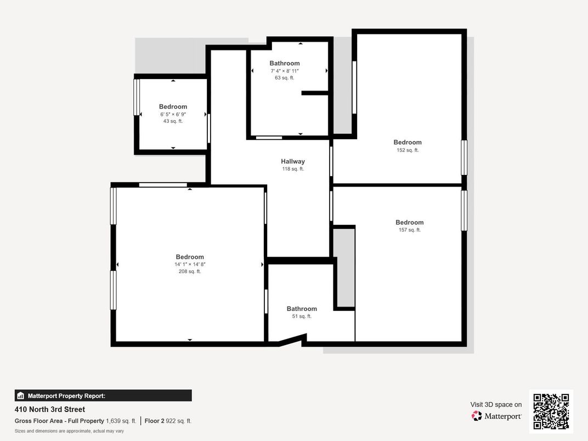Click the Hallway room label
[293, 161]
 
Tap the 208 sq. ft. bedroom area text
[190, 272]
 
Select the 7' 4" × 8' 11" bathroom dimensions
[284, 71]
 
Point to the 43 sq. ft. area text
[173, 121]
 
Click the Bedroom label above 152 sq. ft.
[408, 142]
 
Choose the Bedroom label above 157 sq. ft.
[409, 222]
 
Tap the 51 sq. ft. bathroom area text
[302, 316]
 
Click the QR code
[551, 411]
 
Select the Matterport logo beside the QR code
[496, 416]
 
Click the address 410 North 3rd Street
[50, 409]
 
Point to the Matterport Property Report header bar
[103, 395]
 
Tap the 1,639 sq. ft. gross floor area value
[121, 421]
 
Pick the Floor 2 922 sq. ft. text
[168, 421]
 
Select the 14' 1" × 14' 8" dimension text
[190, 264]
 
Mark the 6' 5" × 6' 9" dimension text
[173, 114]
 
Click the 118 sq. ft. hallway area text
[293, 169]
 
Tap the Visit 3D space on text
[496, 404]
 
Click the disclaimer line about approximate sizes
[69, 431]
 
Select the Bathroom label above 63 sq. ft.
[284, 63]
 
